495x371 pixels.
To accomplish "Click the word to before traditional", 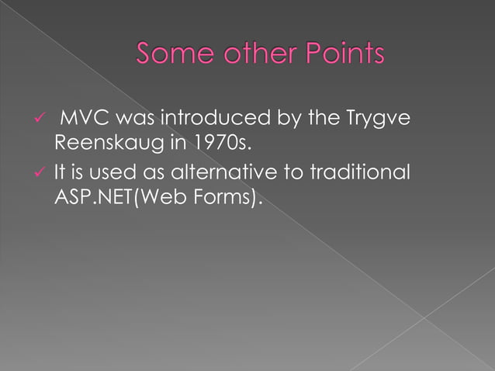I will [310, 172].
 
